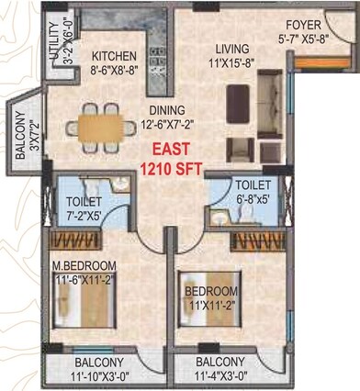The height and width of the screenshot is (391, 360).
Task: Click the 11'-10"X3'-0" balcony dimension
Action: tap(100, 375)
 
